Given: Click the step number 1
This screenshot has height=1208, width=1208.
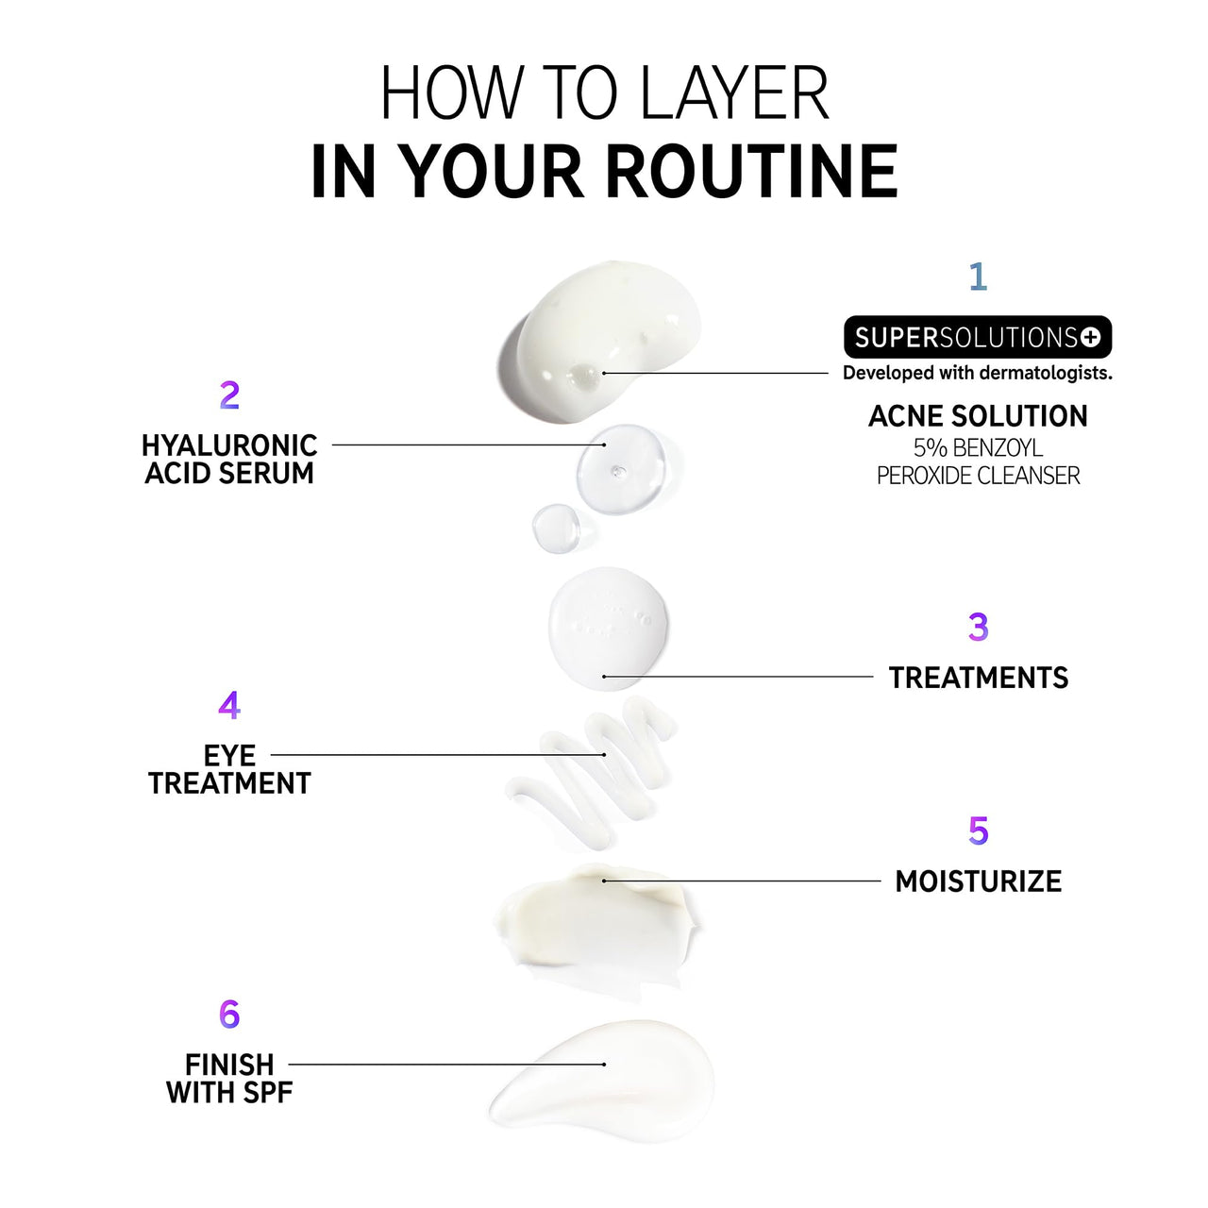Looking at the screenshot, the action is click(978, 277).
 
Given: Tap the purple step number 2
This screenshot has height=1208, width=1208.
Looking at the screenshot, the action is click(229, 394).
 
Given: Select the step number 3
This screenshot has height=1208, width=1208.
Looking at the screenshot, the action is click(978, 627).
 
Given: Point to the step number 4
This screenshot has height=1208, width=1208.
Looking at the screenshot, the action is click(229, 705).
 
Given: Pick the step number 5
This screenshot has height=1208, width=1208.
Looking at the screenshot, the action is click(978, 830).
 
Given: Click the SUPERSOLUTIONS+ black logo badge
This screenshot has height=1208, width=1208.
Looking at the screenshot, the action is click(978, 337).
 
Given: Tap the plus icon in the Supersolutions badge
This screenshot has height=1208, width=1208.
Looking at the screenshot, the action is click(1090, 337).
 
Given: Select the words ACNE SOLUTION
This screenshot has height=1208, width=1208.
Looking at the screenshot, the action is click(978, 416).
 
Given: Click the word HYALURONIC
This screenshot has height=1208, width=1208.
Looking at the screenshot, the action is click(229, 445).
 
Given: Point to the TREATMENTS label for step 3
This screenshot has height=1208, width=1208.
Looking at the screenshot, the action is click(979, 678).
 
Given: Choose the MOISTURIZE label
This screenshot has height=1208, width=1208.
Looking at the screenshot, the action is click(979, 881).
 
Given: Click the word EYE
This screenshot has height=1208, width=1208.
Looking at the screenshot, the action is click(229, 755).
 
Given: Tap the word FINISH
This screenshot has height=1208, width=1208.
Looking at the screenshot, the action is click(229, 1065).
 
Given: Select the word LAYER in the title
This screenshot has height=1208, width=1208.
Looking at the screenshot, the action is click(734, 92).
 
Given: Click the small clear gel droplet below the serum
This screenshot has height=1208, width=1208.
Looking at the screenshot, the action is click(556, 528).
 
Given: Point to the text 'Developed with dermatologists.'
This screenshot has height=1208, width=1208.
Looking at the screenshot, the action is click(978, 373).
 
